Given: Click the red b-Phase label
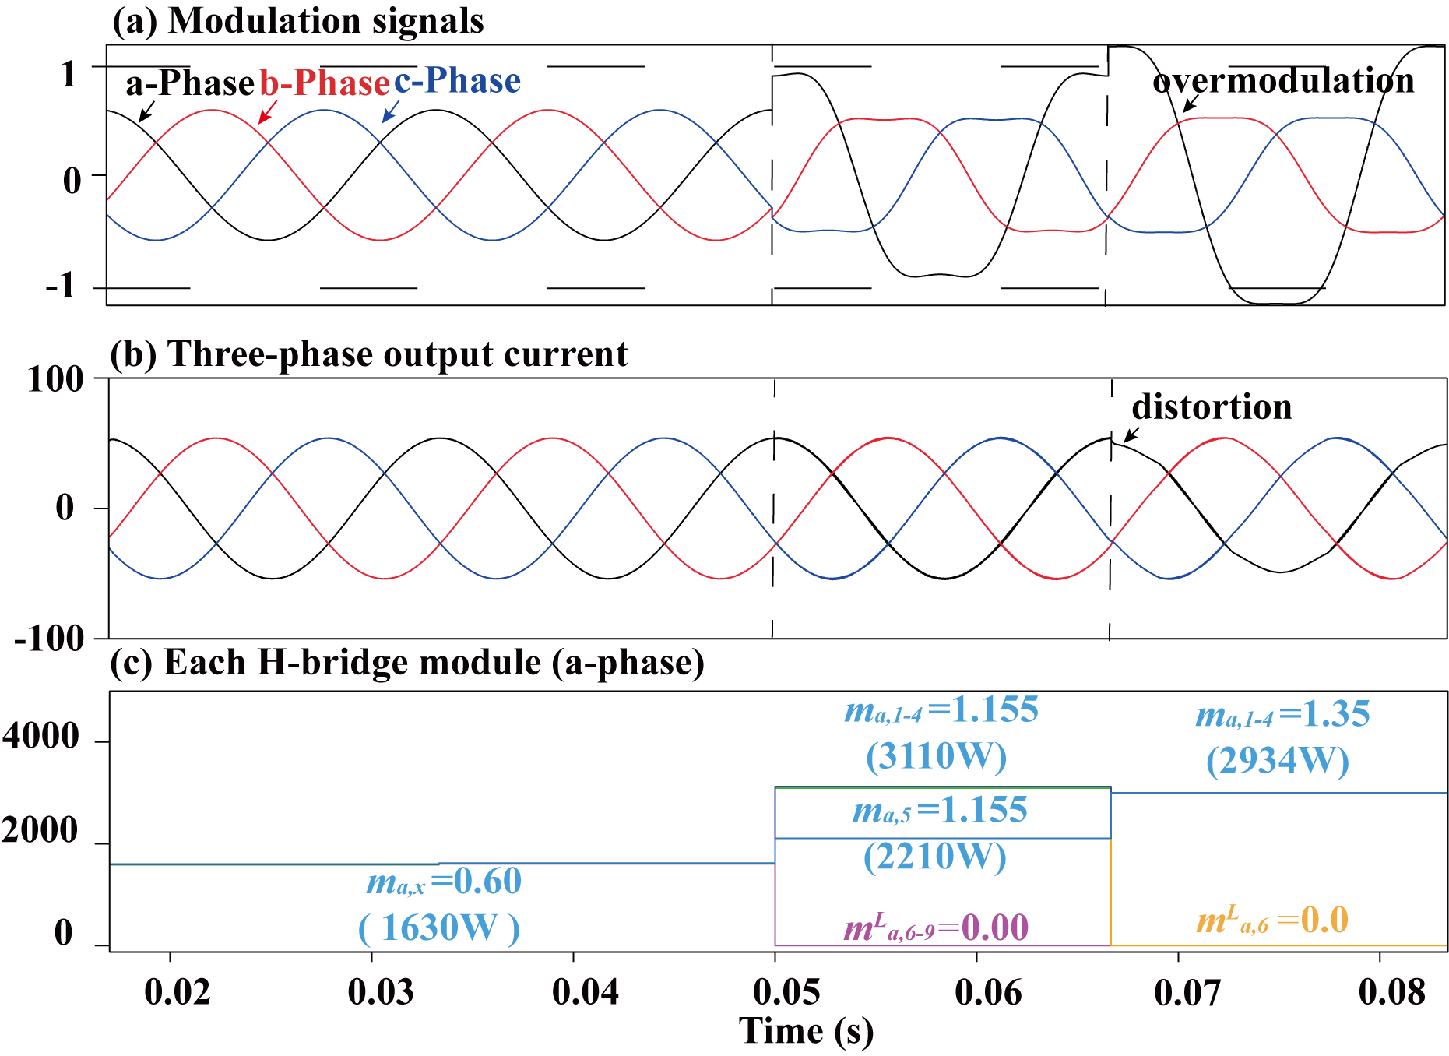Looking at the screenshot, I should point(324,83).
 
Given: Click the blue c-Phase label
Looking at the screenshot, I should point(457,80).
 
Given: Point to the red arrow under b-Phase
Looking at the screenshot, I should point(267,111).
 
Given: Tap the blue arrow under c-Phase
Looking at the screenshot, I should point(390,111).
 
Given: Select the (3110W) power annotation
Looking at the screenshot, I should point(936,756).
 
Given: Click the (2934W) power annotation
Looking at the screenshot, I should point(1277,761).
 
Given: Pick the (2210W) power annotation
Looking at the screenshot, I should point(934,857).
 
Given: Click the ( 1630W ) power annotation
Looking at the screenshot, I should point(438,928).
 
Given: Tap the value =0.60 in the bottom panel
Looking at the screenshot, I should point(477,882).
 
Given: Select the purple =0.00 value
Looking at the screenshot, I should point(984,928).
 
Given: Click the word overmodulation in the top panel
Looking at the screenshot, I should point(1282,81).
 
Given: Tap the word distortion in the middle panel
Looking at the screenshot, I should point(1212,407).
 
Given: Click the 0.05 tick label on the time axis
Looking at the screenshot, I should point(787,992).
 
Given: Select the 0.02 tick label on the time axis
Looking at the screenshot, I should point(177,992).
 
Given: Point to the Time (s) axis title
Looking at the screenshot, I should point(806,1032).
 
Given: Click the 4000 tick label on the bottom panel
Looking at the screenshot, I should point(40,736).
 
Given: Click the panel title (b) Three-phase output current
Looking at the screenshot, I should point(369,354).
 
